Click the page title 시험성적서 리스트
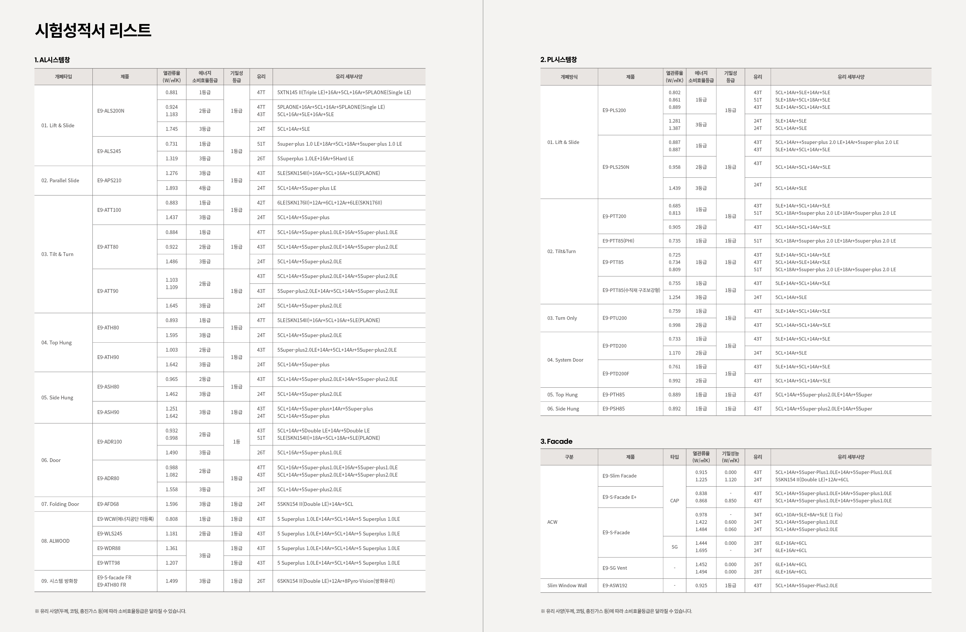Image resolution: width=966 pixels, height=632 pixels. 93,30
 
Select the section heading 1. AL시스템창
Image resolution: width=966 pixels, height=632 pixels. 52,60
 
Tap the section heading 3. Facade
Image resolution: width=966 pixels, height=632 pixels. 556,442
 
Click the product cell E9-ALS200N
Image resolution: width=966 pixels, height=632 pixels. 111,111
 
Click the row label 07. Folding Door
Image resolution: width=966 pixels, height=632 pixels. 60,504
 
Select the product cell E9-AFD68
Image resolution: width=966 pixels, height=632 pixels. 108,504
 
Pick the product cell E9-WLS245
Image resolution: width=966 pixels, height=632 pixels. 110,534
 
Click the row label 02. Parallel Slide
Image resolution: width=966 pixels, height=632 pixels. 60,181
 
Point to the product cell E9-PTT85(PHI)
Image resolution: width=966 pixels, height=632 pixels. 618,241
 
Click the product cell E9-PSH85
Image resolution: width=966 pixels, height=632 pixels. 613,409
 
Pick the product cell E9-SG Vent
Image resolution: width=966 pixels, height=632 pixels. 615,568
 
